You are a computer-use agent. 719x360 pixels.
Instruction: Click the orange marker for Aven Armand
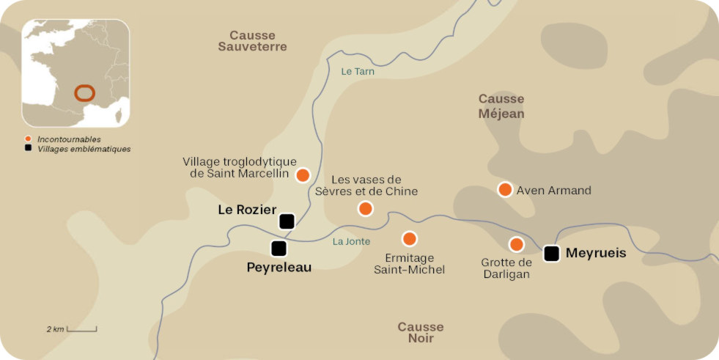(504, 190)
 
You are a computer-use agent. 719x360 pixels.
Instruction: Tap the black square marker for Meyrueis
(552, 254)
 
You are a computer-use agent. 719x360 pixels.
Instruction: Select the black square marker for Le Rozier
(287, 221)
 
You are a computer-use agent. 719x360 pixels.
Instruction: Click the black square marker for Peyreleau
(279, 249)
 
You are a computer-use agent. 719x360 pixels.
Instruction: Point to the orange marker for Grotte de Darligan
(517, 244)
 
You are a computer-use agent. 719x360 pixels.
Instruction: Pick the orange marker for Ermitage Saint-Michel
(410, 238)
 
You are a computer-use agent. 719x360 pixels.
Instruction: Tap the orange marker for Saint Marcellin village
(302, 175)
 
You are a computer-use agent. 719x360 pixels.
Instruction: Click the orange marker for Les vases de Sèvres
(365, 208)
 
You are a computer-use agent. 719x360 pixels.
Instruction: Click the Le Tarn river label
(358, 71)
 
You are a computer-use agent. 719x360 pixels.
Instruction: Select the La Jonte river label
(351, 241)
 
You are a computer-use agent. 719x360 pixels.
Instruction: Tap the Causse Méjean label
(501, 106)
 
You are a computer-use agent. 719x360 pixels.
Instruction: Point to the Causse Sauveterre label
(252, 40)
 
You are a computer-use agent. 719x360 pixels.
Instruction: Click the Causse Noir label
(421, 332)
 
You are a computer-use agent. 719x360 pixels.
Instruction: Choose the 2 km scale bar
(81, 329)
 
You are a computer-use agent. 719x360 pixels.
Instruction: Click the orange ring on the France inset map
(84, 93)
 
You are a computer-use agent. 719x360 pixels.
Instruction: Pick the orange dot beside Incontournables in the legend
(28, 139)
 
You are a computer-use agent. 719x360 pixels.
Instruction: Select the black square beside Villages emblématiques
(28, 148)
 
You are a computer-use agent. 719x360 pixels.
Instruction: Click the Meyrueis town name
(597, 254)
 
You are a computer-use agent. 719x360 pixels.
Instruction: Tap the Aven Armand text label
(553, 191)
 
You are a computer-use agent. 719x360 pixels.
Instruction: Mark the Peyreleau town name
(279, 268)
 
